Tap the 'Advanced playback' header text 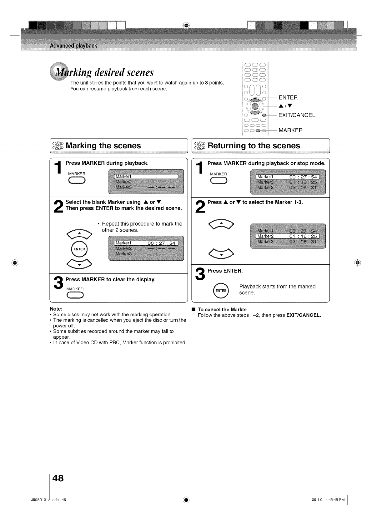pos(73,46)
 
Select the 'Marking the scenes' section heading pos(103,146)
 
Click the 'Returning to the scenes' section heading pos(254,146)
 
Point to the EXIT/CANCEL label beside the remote pos(297,115)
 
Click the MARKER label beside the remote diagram pos(290,130)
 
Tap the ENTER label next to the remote pos(288,97)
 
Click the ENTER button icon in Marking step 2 pos(79,249)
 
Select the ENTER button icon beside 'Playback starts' pos(221,291)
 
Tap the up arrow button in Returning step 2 pos(221,224)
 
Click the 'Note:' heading pos(56,309)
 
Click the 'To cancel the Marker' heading pos(222,310)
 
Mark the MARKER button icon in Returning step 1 pos(219,180)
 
